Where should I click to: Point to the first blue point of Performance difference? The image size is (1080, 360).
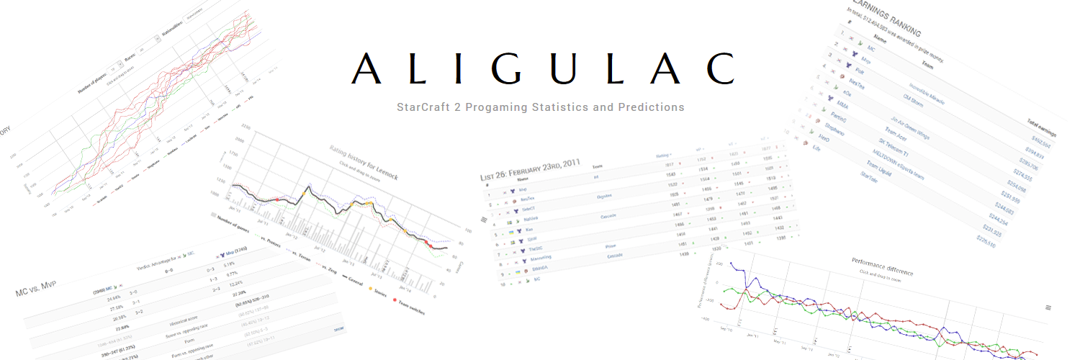[x=731, y=264]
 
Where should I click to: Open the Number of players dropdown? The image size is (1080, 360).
[x=112, y=66]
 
